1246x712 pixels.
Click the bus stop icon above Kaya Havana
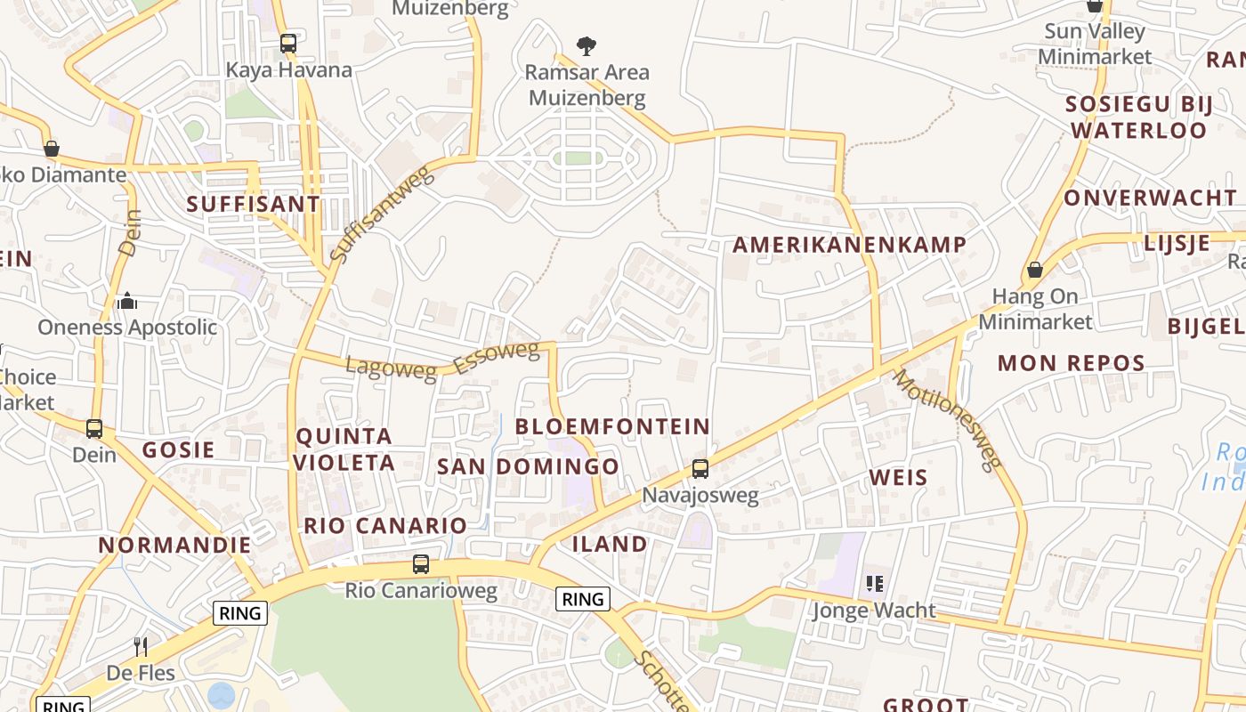pyautogui.click(x=287, y=43)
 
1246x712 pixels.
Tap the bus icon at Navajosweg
pyautogui.click(x=700, y=468)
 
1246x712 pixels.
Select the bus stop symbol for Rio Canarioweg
pyautogui.click(x=421, y=564)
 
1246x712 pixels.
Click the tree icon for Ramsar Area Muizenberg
pyautogui.click(x=586, y=45)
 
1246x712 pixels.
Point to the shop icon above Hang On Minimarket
pyautogui.click(x=1034, y=269)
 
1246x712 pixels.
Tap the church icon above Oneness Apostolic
pyautogui.click(x=127, y=301)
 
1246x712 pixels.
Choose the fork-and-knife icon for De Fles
pyautogui.click(x=141, y=646)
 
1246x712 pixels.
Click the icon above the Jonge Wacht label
pyautogui.click(x=874, y=584)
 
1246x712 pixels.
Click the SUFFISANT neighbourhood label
pyautogui.click(x=253, y=204)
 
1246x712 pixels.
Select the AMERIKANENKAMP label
pyautogui.click(x=849, y=245)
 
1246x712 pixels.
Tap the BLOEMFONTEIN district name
pyautogui.click(x=612, y=426)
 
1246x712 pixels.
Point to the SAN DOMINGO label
pyautogui.click(x=528, y=466)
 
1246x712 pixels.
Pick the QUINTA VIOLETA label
pyautogui.click(x=344, y=449)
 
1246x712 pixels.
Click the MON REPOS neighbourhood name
pyautogui.click(x=1071, y=363)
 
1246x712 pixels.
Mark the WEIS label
pyautogui.click(x=898, y=478)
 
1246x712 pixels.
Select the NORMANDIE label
pyautogui.click(x=174, y=545)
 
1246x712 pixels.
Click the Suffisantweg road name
pyautogui.click(x=382, y=214)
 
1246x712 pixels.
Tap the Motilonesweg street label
pyautogui.click(x=947, y=418)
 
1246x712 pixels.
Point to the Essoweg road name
pyautogui.click(x=496, y=358)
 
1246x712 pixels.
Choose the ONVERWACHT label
pyautogui.click(x=1150, y=198)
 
